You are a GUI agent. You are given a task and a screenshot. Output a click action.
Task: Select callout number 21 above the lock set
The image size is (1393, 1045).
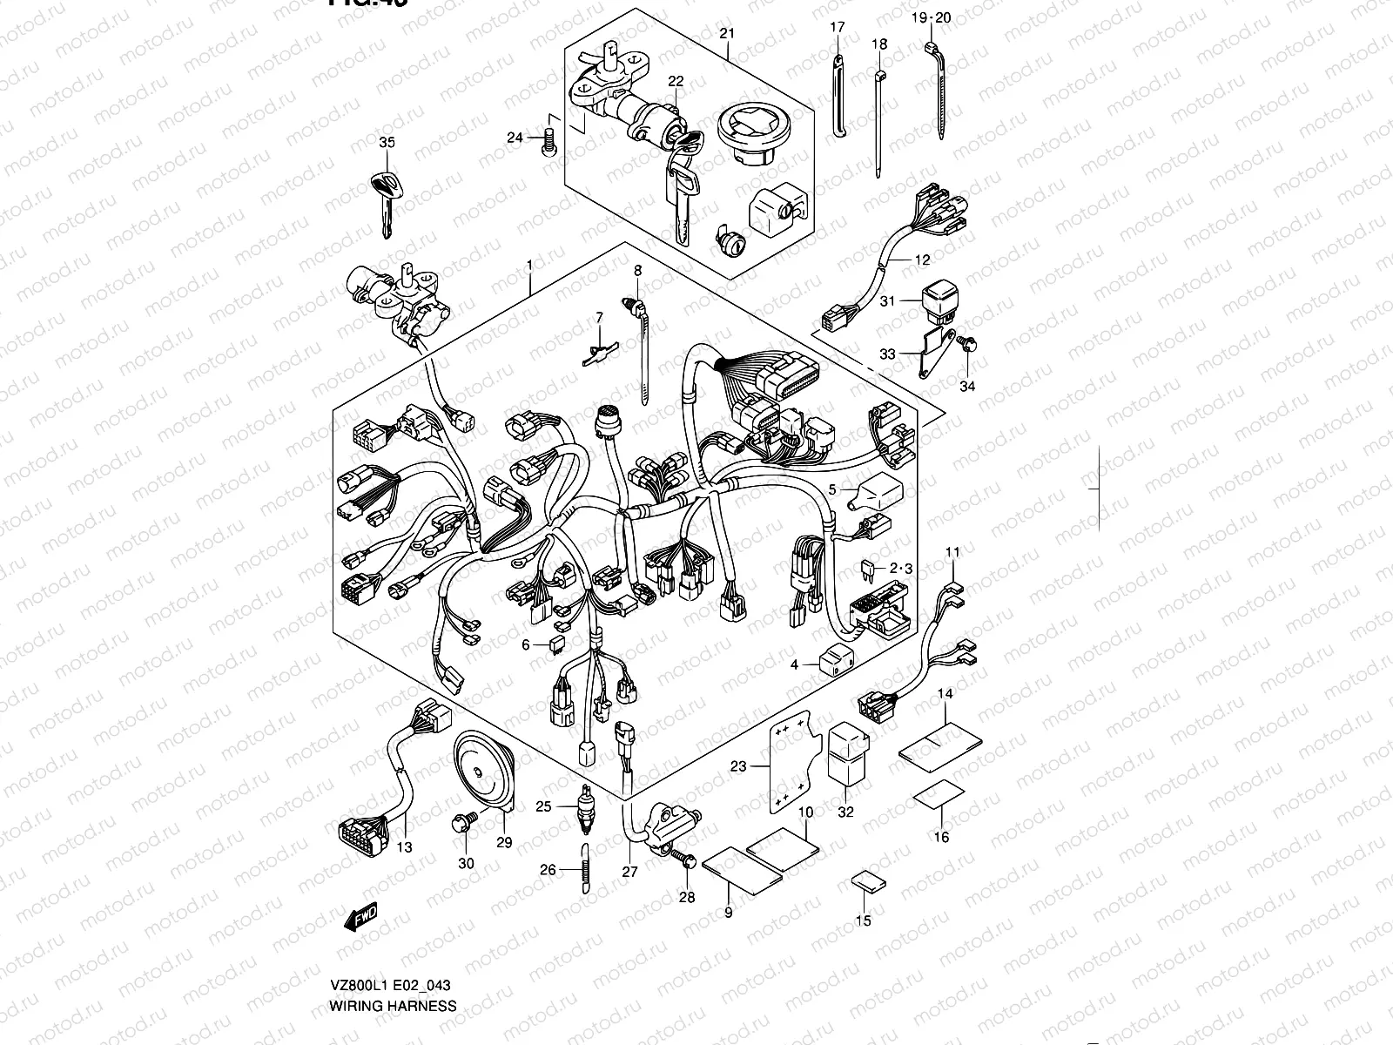(x=727, y=33)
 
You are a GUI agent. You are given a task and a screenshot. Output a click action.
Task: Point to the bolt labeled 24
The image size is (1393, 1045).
(x=548, y=139)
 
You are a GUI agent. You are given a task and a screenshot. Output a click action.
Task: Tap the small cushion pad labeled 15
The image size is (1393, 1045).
(x=868, y=884)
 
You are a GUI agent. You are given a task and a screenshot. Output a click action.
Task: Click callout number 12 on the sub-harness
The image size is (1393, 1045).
(x=922, y=260)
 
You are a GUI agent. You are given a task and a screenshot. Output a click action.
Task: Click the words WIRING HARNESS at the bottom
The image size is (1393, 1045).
(x=392, y=1006)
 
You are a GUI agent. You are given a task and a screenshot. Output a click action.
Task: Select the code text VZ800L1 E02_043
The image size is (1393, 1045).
(x=389, y=986)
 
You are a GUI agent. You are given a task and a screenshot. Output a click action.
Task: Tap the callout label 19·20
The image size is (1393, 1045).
(x=931, y=17)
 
